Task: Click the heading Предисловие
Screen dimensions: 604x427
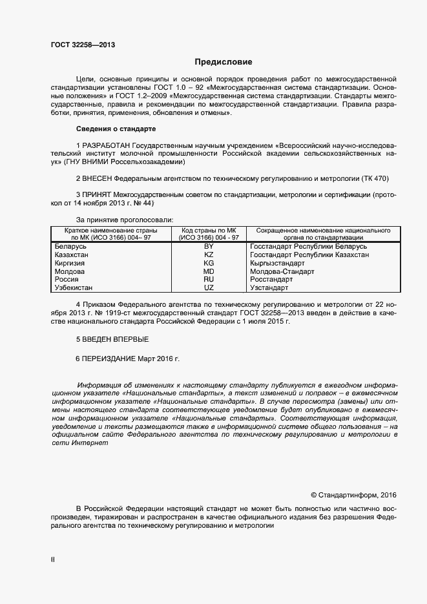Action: click(x=224, y=63)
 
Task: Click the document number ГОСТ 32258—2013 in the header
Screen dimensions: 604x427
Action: click(x=84, y=45)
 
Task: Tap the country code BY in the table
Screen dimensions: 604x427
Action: click(x=209, y=247)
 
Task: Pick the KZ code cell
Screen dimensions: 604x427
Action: click(x=209, y=255)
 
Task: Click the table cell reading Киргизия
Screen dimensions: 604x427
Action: click(x=73, y=264)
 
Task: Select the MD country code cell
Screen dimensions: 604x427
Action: click(x=209, y=272)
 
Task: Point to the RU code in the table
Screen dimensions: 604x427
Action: click(x=209, y=280)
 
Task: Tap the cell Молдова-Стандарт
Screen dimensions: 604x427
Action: click(x=282, y=272)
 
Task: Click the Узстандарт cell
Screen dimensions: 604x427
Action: click(x=271, y=288)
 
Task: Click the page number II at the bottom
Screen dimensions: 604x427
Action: click(x=53, y=560)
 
